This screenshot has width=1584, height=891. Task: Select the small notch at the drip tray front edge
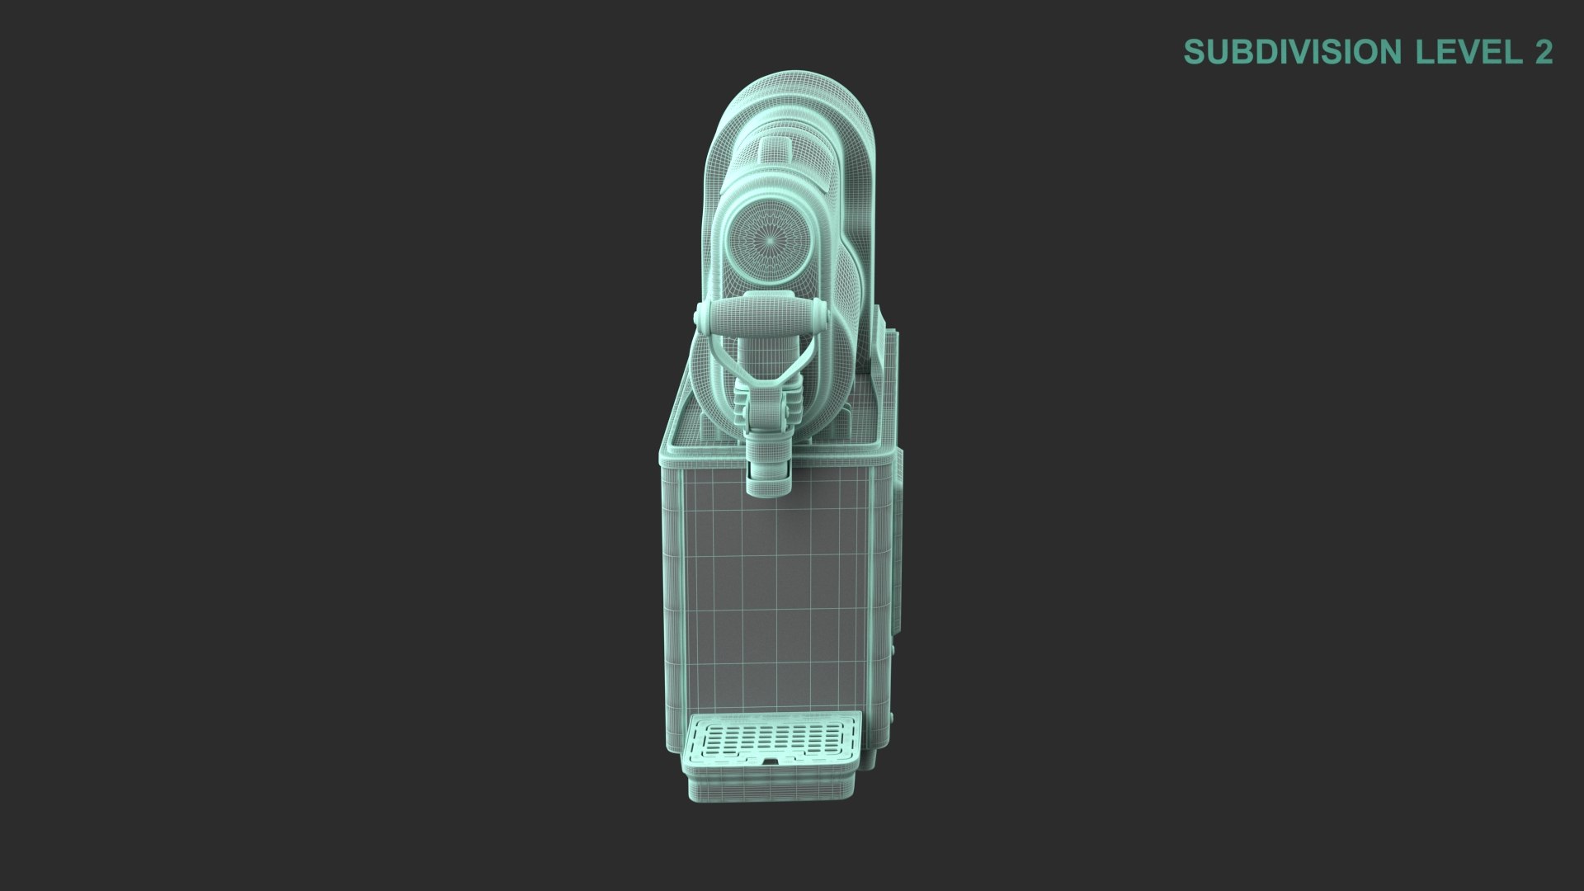[771, 761]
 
